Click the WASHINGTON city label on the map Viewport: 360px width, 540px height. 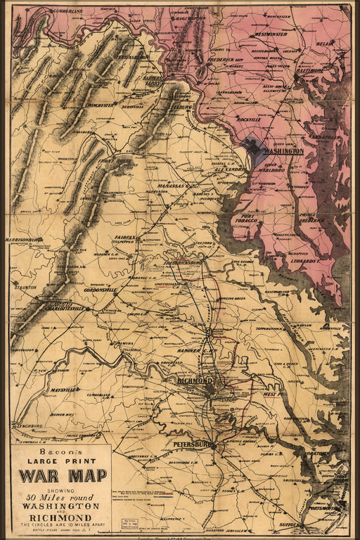(x=283, y=150)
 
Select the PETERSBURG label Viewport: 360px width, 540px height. (x=190, y=445)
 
